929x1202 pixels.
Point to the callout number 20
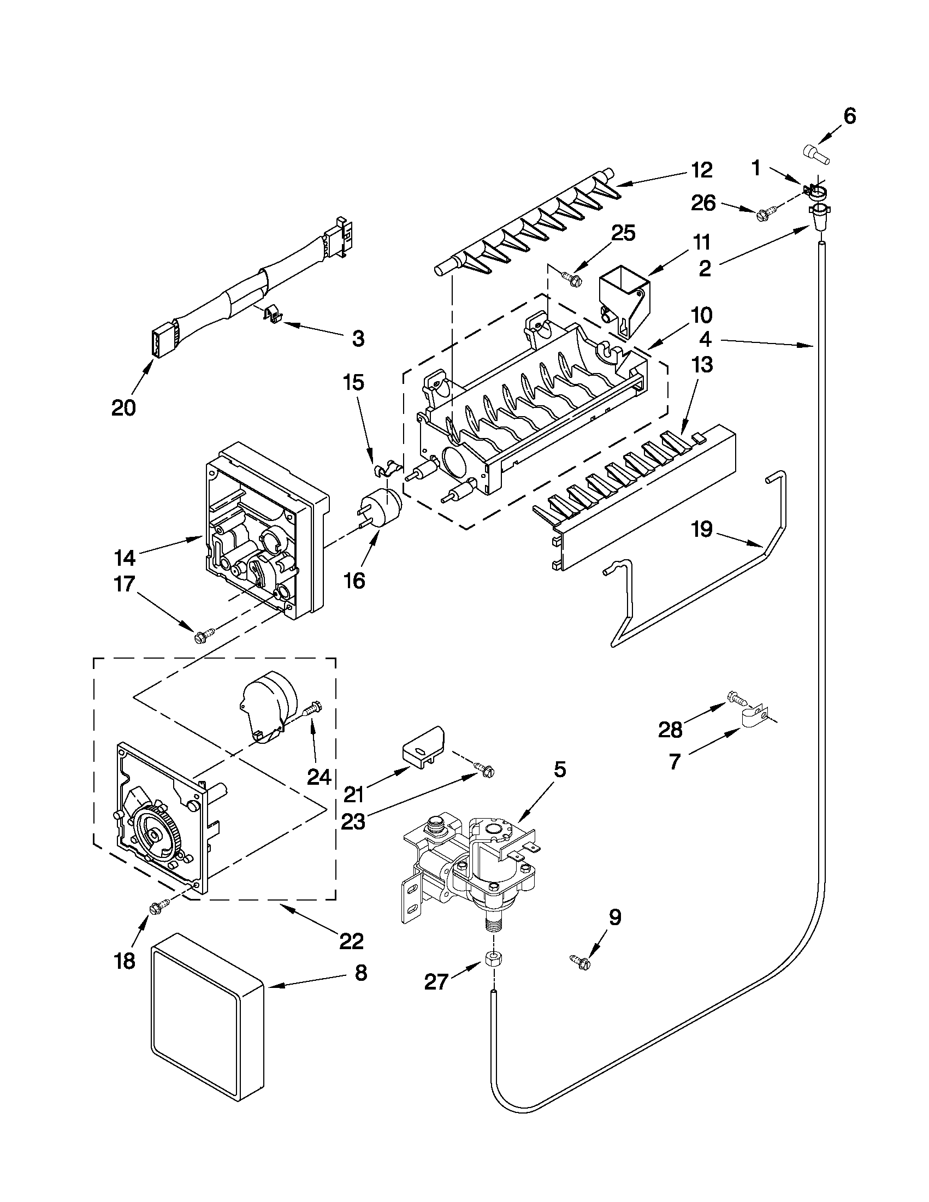pyautogui.click(x=123, y=408)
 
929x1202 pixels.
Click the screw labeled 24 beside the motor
pyautogui.click(x=313, y=708)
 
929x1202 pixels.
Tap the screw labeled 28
pyautogui.click(x=736, y=698)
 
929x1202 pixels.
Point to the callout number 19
pyautogui.click(x=702, y=530)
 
